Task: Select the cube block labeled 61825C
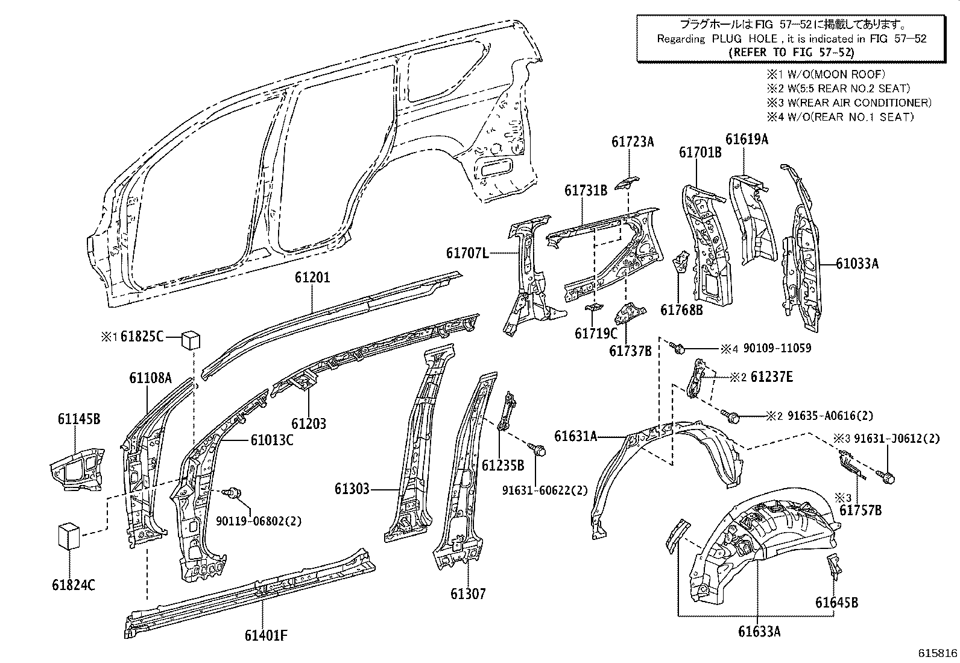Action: [x=191, y=339]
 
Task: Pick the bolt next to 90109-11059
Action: [x=677, y=347]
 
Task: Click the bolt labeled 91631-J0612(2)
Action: [x=888, y=477]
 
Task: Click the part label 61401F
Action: [x=266, y=635]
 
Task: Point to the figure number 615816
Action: [x=938, y=654]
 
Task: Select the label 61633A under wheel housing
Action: [x=759, y=632]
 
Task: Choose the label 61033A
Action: [x=857, y=263]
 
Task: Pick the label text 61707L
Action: [x=467, y=253]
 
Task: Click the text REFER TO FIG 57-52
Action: [x=791, y=52]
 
